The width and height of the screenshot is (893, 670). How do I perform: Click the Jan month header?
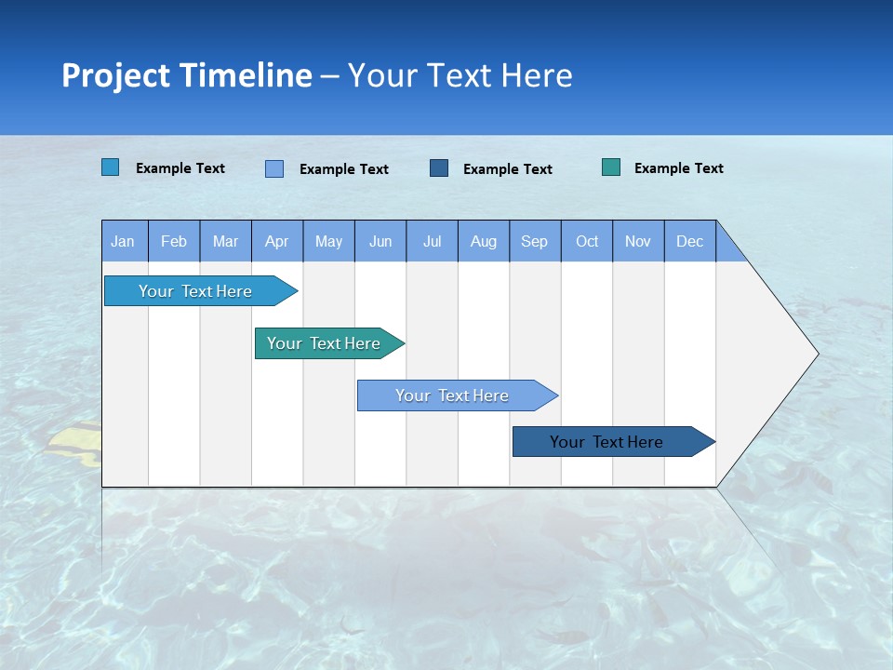point(123,242)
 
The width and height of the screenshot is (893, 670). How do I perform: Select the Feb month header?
point(174,242)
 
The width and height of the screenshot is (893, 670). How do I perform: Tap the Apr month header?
point(277,242)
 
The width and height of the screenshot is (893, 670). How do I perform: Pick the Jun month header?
point(380,242)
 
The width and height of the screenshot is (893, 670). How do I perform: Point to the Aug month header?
point(484,242)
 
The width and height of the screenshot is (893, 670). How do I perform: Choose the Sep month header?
point(535,242)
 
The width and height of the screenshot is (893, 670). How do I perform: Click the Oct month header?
point(587,242)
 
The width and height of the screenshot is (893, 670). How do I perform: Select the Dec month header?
point(690,242)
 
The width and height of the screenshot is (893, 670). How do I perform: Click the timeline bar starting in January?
point(195,291)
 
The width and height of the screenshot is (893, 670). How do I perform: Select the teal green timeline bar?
point(325,343)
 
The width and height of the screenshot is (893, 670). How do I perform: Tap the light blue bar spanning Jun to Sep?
point(453,395)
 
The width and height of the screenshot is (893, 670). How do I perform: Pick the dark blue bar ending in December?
point(607,442)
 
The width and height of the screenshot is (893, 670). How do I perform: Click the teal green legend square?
point(611,167)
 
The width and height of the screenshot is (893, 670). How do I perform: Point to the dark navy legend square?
point(439,168)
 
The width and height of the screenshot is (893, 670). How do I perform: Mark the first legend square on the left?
point(111,167)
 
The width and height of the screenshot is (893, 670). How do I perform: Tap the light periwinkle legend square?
point(274,168)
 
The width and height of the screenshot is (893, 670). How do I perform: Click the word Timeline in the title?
point(246,75)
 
